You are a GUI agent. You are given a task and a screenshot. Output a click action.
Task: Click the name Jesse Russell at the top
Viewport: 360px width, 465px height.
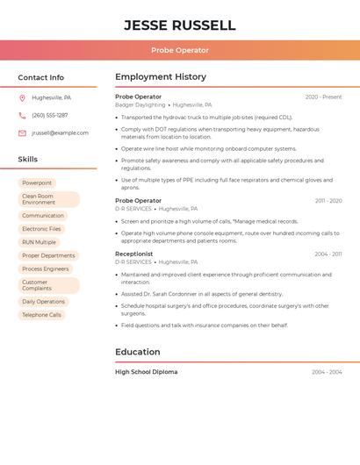coord(179,25)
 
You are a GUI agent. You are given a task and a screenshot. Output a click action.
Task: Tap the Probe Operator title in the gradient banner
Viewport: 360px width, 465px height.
coord(179,51)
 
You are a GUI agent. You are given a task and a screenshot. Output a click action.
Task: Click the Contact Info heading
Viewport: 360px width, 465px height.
coord(40,77)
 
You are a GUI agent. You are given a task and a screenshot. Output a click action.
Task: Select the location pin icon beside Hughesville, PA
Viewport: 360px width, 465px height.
coord(22,98)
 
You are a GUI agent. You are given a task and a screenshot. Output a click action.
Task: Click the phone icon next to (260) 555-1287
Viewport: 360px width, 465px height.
coord(22,116)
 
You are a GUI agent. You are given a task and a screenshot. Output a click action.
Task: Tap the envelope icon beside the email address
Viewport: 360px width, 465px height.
coord(22,133)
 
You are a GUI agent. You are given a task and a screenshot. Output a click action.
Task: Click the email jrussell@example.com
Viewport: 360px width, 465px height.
coord(60,133)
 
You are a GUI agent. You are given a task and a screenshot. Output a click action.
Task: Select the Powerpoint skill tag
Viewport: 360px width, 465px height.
coord(37,183)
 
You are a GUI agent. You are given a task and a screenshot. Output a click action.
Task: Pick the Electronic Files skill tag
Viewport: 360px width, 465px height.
coord(41,229)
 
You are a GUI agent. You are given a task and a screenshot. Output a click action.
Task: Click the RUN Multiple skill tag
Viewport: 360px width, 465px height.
coord(39,242)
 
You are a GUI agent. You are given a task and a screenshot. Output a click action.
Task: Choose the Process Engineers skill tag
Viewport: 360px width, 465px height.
coord(45,269)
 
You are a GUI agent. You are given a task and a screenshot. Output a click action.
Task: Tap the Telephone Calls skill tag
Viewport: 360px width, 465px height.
coord(41,315)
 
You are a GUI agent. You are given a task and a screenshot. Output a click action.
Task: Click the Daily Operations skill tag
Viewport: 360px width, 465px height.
coord(43,302)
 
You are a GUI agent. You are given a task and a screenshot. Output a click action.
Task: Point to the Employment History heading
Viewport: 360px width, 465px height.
coord(161,77)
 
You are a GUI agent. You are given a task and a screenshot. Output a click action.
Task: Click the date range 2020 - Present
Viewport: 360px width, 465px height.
coord(323,97)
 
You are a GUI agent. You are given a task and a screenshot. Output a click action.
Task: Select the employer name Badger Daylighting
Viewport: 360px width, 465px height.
coord(140,104)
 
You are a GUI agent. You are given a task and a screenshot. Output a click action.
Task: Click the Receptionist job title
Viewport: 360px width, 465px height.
coord(133,254)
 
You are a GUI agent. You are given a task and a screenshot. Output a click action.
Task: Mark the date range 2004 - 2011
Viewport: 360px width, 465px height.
coord(328,254)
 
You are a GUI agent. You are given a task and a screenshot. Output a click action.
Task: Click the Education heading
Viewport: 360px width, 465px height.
coord(137,352)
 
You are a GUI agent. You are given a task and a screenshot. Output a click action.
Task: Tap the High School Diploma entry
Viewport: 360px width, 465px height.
coord(146,372)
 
